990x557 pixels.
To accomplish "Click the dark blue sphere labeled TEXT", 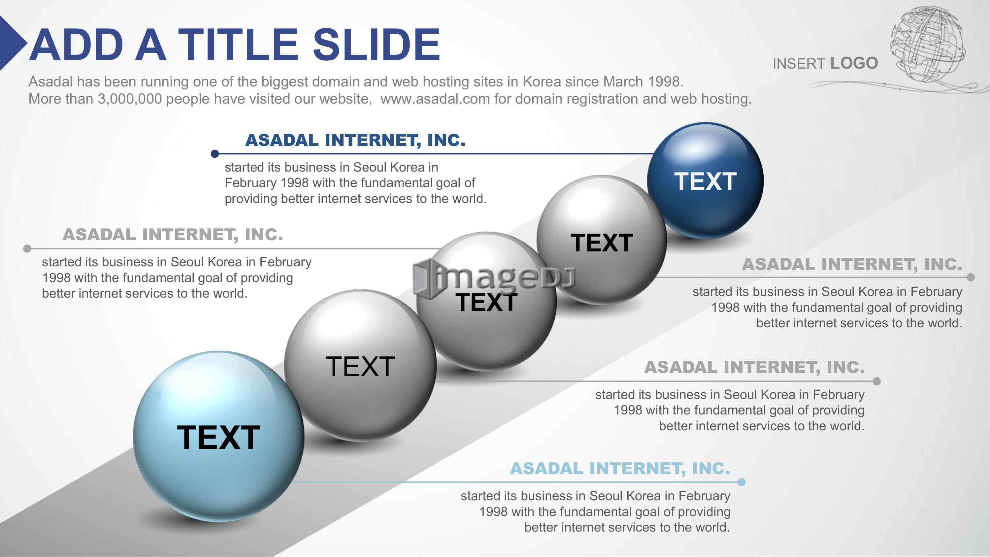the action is coord(705,181).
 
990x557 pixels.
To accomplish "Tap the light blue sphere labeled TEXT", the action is coord(219,436).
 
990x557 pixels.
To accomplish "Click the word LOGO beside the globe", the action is coord(854,63).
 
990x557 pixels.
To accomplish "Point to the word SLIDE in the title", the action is coord(376,45).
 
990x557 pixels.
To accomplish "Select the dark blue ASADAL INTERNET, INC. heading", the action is coord(355,140).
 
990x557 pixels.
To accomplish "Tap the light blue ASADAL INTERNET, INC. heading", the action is coord(620,468).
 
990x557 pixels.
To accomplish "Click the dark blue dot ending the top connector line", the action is coord(215,154).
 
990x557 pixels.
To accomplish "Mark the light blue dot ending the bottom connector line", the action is coord(742,482).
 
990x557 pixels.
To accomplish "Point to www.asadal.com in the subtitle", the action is coord(435,99).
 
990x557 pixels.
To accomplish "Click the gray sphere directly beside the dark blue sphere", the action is coord(602,240).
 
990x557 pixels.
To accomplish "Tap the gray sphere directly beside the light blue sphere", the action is coord(360,366).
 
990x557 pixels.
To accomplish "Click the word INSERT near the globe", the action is coord(799,64).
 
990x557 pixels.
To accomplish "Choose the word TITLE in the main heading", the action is coord(238,45).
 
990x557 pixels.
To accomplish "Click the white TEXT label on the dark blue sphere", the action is coord(705,181).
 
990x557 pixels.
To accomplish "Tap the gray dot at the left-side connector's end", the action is coord(27,249).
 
